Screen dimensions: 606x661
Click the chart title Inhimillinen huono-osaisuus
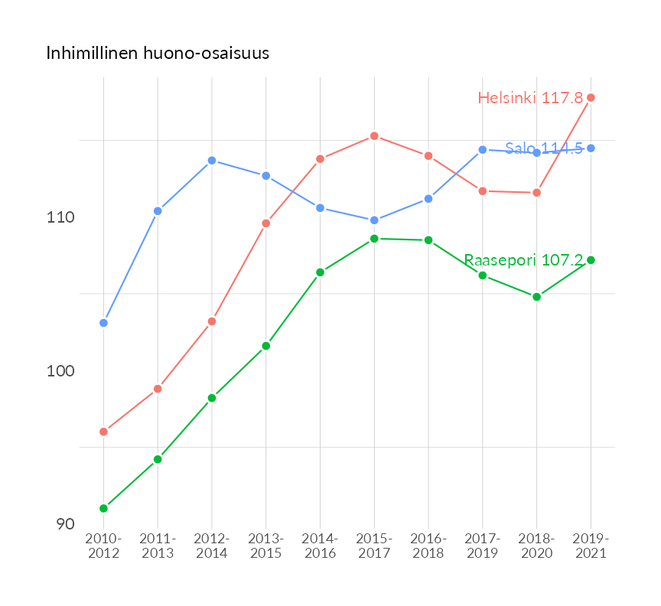pos(158,54)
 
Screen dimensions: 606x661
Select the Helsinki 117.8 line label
pos(530,98)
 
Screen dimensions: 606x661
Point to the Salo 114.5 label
pos(543,148)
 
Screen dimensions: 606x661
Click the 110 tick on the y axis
pos(60,217)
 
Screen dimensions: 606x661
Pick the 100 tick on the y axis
pos(60,371)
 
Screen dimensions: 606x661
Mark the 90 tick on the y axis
pos(64,524)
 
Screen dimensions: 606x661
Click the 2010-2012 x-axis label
pos(103,546)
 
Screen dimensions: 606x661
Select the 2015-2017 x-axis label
pos(374,546)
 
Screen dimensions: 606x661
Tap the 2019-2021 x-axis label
pos(591,546)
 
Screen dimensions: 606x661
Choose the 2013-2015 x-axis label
pos(266,546)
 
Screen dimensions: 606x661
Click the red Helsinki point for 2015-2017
pos(374,136)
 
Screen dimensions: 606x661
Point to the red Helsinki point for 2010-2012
pos(103,432)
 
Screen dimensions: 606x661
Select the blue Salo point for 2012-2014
pos(212,161)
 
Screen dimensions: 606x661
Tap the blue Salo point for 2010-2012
pos(103,323)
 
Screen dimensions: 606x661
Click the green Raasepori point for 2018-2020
pos(536,297)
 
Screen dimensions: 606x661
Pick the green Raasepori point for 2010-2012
pos(103,508)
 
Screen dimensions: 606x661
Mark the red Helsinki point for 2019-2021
pos(591,98)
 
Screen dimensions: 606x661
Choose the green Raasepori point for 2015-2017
pos(374,239)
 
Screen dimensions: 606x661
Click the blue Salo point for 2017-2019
pos(482,150)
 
